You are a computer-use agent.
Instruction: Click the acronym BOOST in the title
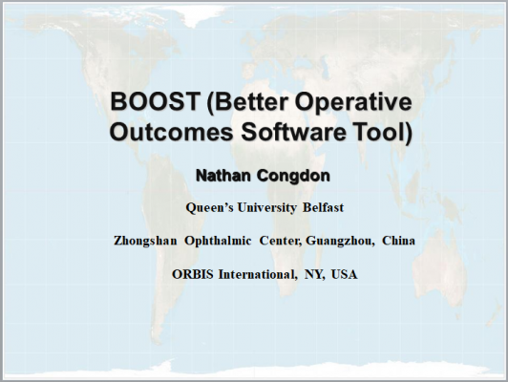(155, 101)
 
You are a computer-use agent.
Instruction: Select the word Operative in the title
(353, 103)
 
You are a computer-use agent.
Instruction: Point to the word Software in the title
(293, 132)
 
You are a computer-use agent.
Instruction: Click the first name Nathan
(223, 176)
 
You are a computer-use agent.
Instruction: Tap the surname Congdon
(293, 177)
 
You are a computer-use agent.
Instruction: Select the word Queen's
(210, 207)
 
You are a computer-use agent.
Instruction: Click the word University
(266, 207)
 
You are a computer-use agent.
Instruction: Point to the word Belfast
(323, 207)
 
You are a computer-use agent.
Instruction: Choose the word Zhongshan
(145, 241)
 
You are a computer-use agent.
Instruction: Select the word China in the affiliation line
(398, 241)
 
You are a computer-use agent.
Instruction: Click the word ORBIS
(193, 274)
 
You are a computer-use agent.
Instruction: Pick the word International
(258, 275)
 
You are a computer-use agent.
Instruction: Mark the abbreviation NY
(314, 275)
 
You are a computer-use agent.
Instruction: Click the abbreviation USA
(345, 274)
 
